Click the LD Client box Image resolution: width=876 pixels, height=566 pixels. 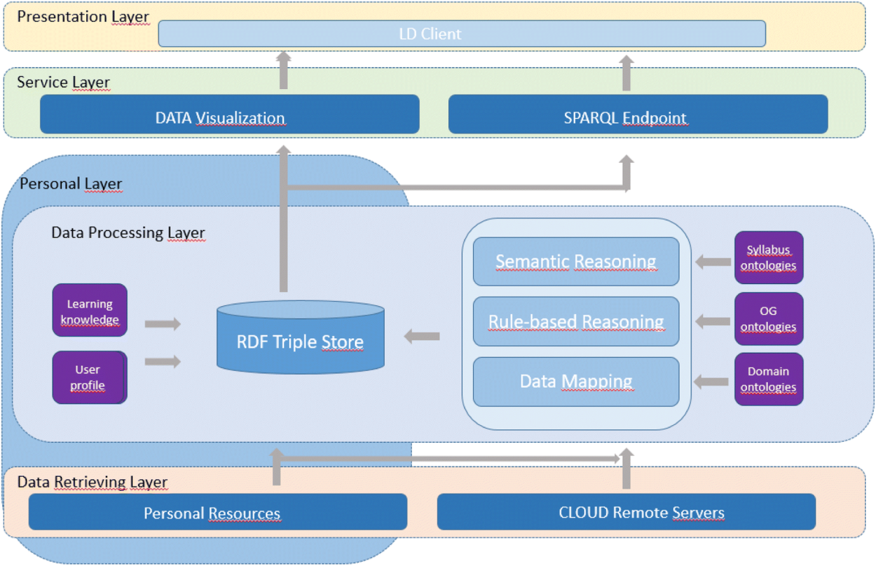tap(462, 34)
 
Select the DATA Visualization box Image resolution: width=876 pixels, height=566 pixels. tap(229, 114)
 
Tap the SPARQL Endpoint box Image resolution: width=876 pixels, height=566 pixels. tap(638, 114)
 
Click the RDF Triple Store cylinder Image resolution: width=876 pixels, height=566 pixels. tap(300, 337)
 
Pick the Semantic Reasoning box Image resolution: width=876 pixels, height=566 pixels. tap(576, 261)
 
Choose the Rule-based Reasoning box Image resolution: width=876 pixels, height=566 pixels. tap(576, 321)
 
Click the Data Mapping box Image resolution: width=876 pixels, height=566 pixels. tap(576, 382)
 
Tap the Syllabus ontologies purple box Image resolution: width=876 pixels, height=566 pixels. tap(769, 257)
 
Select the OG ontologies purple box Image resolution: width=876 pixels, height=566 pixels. tap(769, 319)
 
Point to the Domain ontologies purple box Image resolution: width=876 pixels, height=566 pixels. tap(769, 379)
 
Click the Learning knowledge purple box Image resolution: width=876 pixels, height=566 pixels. tap(90, 310)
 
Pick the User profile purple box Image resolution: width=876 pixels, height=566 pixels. tap(90, 378)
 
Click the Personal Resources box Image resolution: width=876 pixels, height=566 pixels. tap(218, 512)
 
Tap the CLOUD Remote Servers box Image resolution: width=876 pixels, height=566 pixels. tap(626, 512)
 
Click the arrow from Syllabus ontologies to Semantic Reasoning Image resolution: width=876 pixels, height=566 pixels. tap(713, 262)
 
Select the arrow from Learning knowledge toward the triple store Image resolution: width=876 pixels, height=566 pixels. tap(163, 324)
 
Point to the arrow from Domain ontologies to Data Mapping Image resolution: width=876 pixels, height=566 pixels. tap(711, 382)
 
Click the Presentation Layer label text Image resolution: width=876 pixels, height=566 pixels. tap(83, 17)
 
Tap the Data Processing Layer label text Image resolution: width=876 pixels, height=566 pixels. tap(128, 233)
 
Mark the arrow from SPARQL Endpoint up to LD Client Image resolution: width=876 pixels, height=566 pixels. tap(626, 73)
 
